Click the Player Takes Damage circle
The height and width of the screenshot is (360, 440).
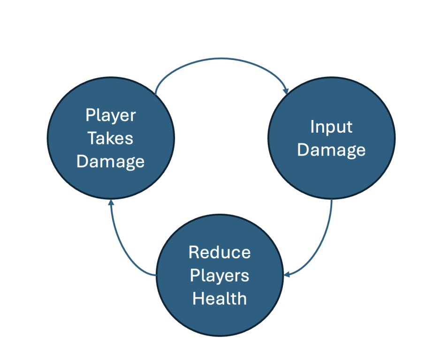tap(111, 139)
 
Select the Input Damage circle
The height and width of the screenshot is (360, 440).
tap(331, 139)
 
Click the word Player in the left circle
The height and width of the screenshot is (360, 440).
tap(111, 115)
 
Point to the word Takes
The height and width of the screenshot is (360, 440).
tap(111, 138)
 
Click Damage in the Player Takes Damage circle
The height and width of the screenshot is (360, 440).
tap(111, 161)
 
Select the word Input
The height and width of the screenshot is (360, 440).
tap(331, 127)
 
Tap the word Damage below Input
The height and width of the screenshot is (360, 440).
tap(331, 150)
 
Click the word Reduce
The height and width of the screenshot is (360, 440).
tap(220, 253)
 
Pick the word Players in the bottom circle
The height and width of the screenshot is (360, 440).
tap(220, 276)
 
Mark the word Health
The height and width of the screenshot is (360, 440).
tap(220, 299)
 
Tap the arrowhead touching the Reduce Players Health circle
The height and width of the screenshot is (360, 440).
tap(288, 274)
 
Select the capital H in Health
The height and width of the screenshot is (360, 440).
tap(197, 299)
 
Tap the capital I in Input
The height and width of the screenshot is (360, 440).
tap(312, 127)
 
